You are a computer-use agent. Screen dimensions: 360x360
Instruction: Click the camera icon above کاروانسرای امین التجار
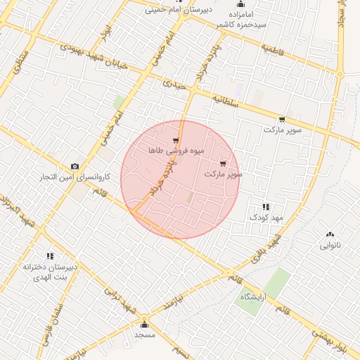click(x=75, y=166)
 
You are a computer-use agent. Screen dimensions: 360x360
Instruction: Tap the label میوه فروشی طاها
click(x=166, y=150)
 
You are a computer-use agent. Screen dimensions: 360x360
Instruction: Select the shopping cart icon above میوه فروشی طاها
click(x=175, y=141)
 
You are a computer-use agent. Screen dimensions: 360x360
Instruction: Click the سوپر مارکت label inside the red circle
click(x=224, y=173)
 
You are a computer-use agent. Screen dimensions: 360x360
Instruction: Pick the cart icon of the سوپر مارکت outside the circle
click(x=282, y=120)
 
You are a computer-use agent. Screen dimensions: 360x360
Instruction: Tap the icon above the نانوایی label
click(x=330, y=234)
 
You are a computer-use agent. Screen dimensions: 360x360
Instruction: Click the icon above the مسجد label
click(x=145, y=324)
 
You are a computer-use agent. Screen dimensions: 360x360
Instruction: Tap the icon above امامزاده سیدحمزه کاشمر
click(x=240, y=4)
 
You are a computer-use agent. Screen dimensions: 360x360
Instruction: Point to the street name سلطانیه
click(x=226, y=102)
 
